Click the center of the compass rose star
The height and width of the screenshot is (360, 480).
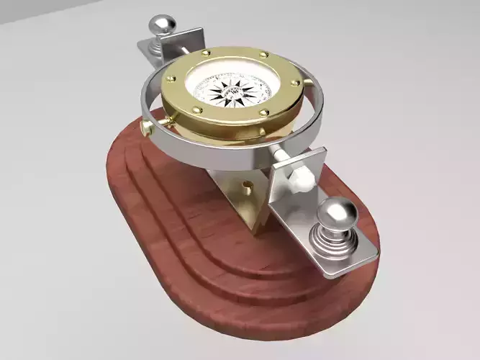point(232,91)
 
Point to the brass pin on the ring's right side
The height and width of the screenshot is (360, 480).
point(312,87)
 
